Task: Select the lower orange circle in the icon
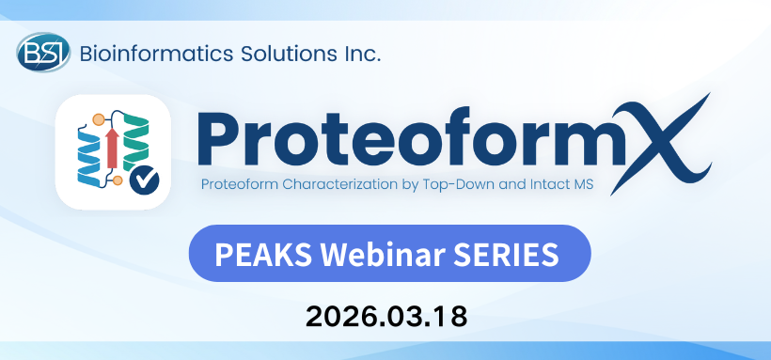pos(118,180)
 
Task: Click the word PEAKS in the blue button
pos(256,255)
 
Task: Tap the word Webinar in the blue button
pos(370,255)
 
